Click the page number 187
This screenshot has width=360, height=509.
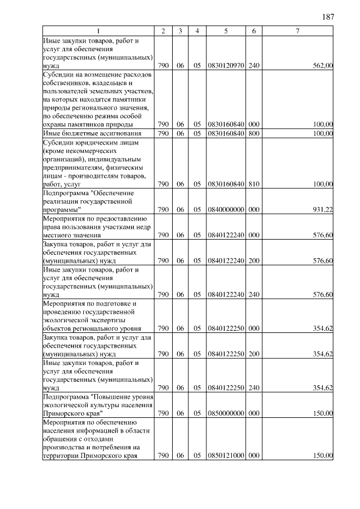click(328, 16)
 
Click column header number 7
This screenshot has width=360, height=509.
click(296, 31)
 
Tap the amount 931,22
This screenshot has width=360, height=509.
click(323, 210)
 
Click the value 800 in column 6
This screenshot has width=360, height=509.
click(254, 133)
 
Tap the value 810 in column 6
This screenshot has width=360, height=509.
click(254, 184)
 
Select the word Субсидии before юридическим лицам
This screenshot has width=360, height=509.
click(58, 142)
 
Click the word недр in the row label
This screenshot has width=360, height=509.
click(142, 227)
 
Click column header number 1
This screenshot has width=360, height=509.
click(98, 31)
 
